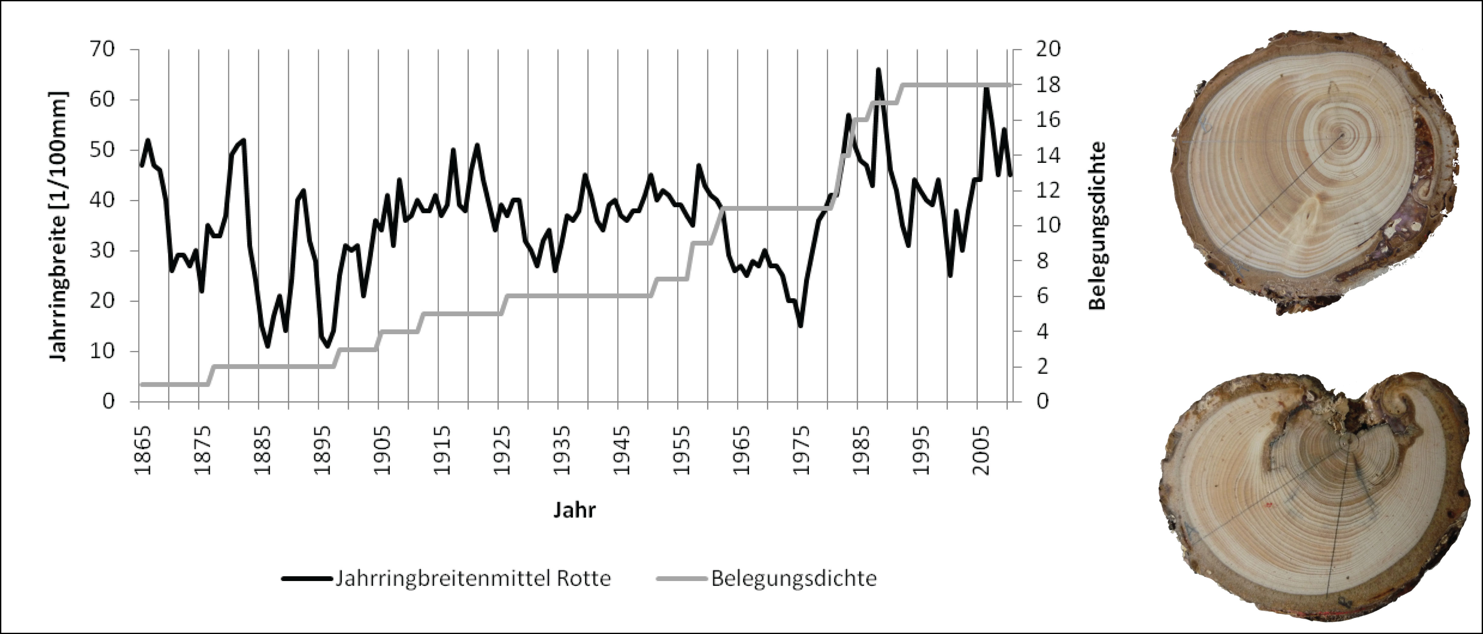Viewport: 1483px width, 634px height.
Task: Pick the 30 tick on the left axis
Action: [108, 250]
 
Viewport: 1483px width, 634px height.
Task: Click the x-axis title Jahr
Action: [574, 510]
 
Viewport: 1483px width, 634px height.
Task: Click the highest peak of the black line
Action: [878, 69]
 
